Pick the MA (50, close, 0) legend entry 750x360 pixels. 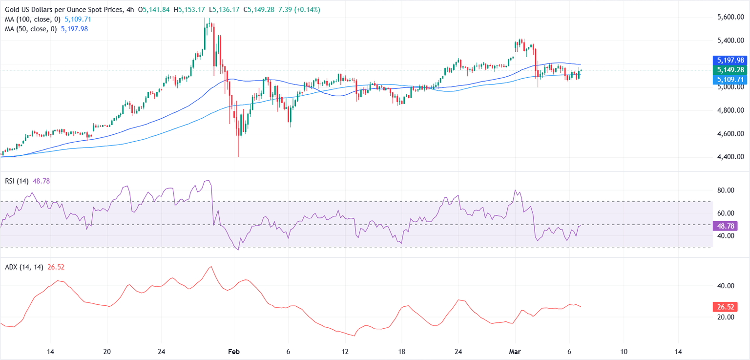pyautogui.click(x=29, y=29)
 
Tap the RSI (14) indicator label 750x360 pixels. pyautogui.click(x=16, y=181)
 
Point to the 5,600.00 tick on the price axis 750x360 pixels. pyautogui.click(x=730, y=17)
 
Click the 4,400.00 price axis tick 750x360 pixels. pyautogui.click(x=730, y=157)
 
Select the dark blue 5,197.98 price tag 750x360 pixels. pyautogui.click(x=730, y=60)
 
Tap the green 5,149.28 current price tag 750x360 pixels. pyautogui.click(x=730, y=69)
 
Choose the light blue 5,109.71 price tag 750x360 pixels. pyautogui.click(x=730, y=79)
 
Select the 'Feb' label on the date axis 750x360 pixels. pyautogui.click(x=234, y=352)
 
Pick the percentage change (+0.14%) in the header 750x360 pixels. pyautogui.click(x=307, y=10)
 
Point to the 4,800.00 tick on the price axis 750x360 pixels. pyautogui.click(x=730, y=110)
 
